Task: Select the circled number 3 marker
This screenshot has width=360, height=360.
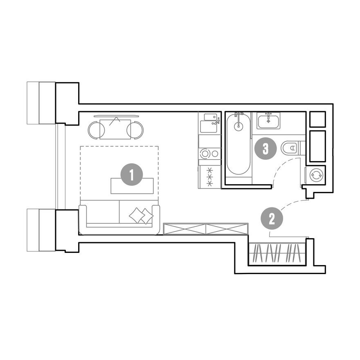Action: (265, 148)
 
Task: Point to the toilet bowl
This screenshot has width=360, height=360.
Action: (290, 148)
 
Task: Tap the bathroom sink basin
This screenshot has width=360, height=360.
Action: (268, 121)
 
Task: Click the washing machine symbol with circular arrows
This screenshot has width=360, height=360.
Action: (316, 175)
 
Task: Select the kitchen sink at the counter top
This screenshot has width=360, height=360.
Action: (210, 122)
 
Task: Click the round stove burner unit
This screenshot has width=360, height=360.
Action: (209, 153)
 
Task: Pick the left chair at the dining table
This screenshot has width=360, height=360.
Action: (96, 130)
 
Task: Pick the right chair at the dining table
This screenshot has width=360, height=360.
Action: (135, 130)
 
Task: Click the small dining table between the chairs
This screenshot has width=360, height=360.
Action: (115, 129)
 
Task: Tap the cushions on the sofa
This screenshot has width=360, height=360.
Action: (141, 216)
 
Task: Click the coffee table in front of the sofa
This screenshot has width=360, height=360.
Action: (132, 186)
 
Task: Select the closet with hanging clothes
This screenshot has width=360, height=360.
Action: (277, 254)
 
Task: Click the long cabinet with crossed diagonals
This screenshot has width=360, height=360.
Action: (205, 229)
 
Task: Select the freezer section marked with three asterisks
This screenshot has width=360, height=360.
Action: (210, 177)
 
